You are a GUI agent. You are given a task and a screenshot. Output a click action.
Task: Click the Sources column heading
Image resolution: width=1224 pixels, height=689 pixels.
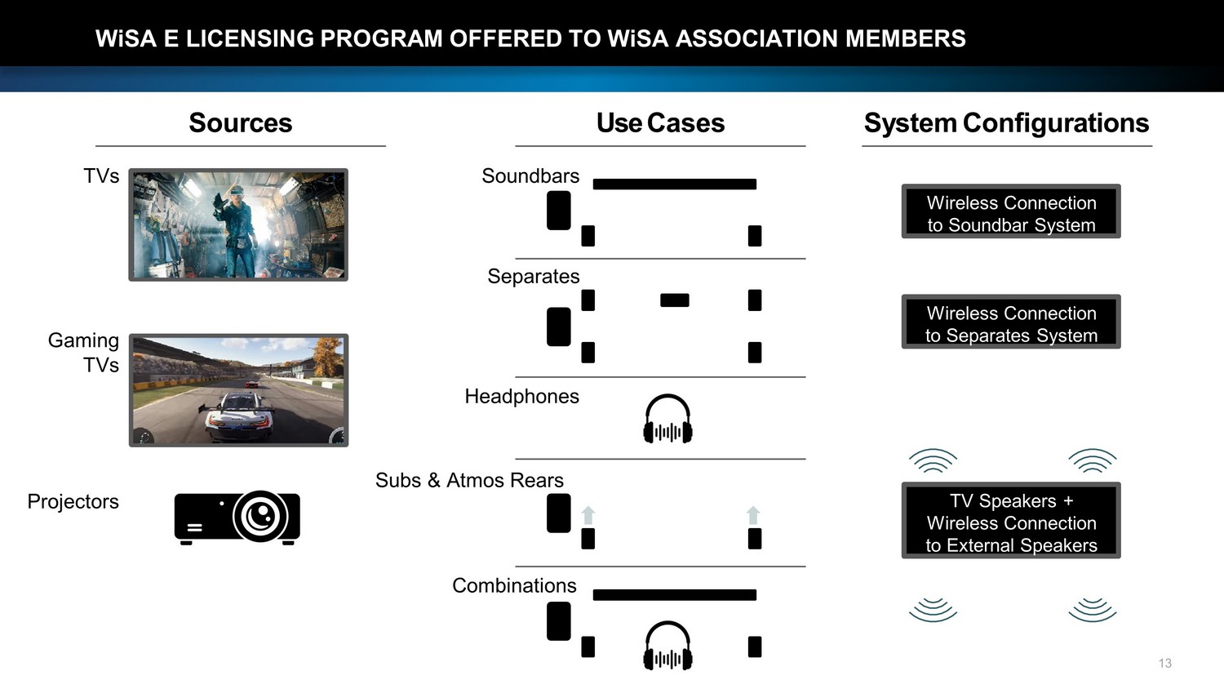(240, 123)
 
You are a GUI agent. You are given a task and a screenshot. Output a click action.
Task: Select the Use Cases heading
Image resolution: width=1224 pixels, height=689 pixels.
(660, 123)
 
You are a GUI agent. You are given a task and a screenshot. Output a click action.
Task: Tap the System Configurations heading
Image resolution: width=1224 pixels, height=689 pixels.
(1006, 123)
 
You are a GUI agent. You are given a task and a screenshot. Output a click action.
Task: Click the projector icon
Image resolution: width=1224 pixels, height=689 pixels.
(237, 517)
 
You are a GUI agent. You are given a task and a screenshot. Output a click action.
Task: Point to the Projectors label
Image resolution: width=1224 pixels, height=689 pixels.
(73, 501)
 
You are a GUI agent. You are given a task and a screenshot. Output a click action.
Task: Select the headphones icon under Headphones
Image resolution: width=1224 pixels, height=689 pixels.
(667, 419)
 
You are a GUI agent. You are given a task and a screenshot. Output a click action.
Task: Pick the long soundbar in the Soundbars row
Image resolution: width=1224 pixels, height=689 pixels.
(674, 184)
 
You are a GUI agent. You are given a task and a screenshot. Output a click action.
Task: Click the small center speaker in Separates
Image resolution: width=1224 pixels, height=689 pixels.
(674, 300)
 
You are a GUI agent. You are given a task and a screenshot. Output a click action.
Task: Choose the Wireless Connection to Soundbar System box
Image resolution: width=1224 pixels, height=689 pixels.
(1010, 213)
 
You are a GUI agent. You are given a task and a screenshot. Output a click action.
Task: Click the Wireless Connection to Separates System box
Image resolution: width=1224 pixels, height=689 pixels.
(1010, 323)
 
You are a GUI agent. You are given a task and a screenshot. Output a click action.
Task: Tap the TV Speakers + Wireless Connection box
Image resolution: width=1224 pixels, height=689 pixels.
(1010, 522)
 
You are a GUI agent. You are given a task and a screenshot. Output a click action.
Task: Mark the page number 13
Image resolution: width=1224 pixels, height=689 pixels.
(1164, 663)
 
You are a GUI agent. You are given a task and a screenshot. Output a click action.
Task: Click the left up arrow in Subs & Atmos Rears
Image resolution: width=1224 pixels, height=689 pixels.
(588, 515)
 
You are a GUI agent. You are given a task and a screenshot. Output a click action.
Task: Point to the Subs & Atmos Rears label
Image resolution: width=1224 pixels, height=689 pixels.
(469, 480)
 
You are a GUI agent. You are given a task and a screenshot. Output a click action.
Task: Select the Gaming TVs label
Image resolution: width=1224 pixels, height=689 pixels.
(84, 352)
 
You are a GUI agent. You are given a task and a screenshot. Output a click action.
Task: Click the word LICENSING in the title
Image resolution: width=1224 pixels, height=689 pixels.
(250, 38)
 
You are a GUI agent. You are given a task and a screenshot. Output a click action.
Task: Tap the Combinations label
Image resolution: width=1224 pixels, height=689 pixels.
(514, 585)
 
